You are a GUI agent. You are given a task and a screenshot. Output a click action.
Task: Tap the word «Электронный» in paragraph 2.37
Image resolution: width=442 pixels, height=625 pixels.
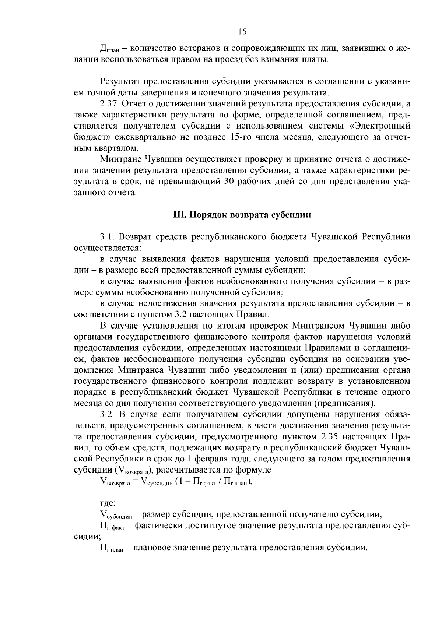(x=382, y=126)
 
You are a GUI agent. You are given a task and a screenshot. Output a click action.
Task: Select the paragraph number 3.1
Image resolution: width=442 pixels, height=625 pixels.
(x=107, y=236)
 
